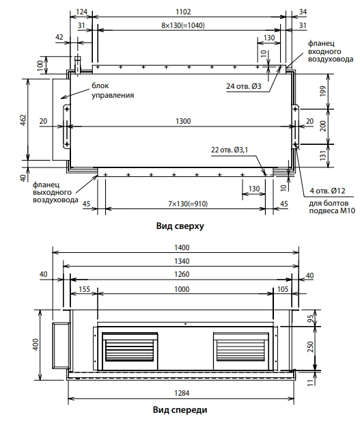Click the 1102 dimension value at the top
[183, 12]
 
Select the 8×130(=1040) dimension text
[183, 25]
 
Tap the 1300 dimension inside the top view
[183, 121]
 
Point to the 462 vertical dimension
[24, 120]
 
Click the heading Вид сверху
[180, 226]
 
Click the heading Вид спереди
[180, 410]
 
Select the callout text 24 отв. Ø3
[243, 86]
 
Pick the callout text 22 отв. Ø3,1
[230, 150]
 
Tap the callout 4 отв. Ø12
[327, 191]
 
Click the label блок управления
[113, 90]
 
